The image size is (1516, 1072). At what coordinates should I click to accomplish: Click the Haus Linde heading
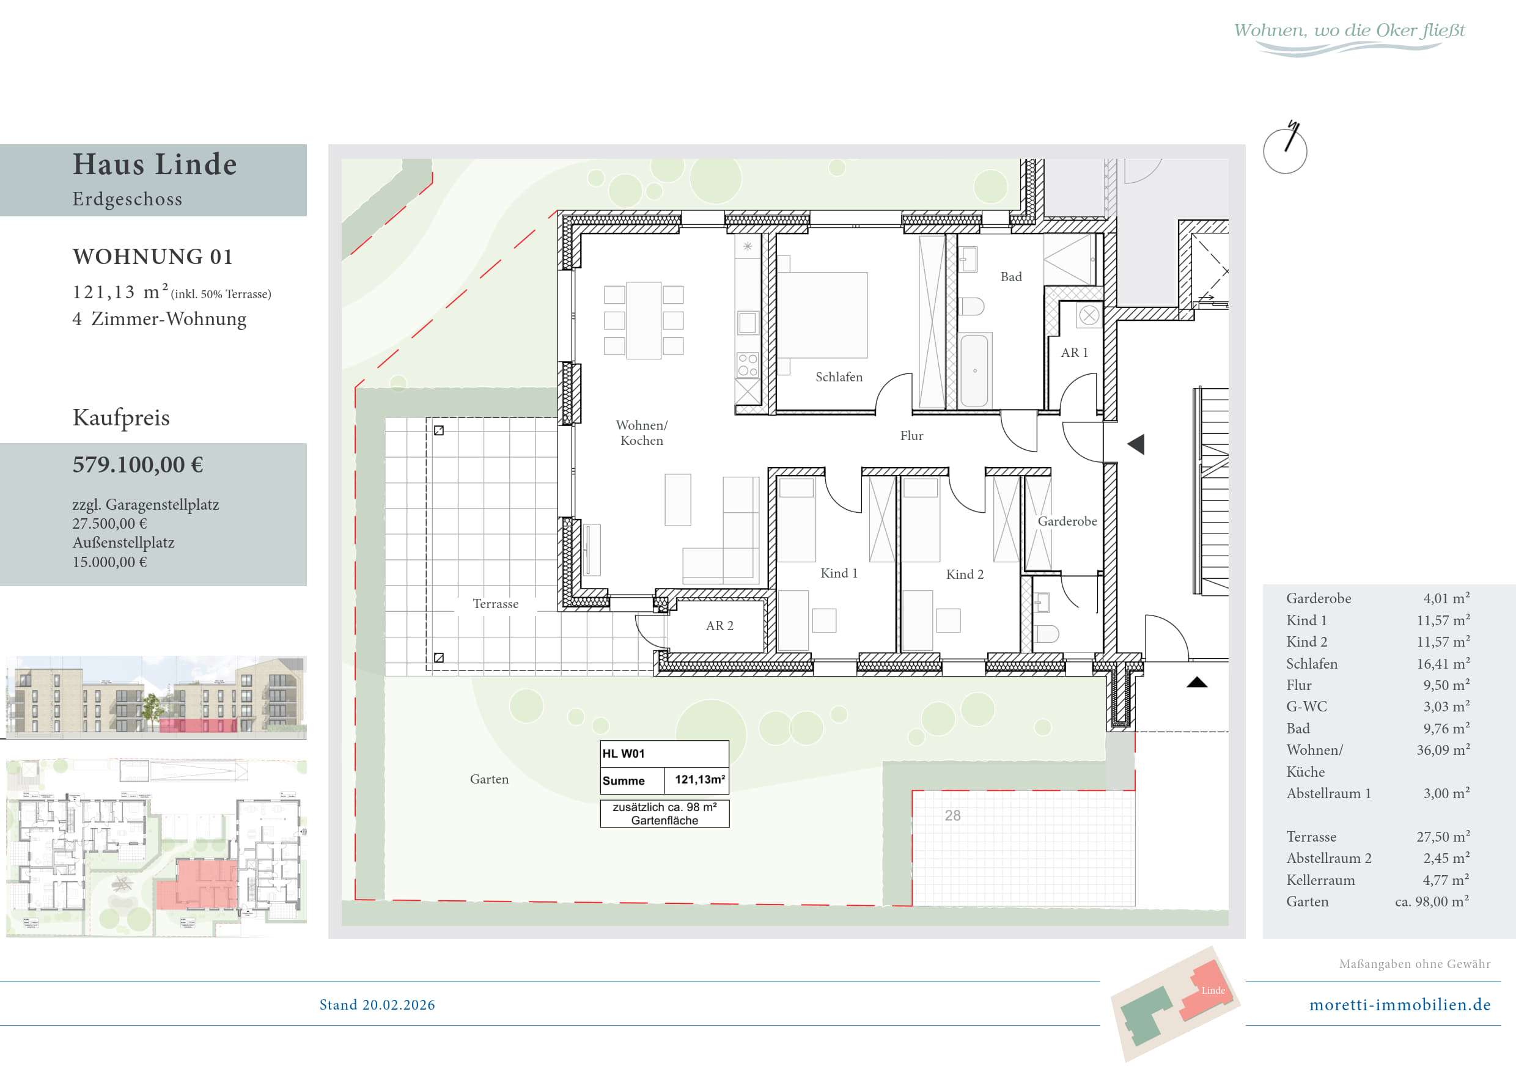click(155, 164)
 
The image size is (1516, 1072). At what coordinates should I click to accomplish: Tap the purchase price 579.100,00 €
click(138, 464)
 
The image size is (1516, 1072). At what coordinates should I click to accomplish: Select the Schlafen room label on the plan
click(839, 377)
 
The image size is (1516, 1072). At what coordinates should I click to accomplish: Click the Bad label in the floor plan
click(1011, 277)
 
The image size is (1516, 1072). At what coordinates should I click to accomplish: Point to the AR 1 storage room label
click(1074, 353)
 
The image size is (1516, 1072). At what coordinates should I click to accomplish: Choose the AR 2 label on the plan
click(719, 626)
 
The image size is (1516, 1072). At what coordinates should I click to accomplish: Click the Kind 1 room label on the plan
click(839, 573)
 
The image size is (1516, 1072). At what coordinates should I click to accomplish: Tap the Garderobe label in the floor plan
click(1067, 521)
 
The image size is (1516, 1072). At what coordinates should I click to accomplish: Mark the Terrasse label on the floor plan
click(495, 603)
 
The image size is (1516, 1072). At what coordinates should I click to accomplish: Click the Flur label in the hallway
click(911, 436)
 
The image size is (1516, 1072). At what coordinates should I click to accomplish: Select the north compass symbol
click(1285, 149)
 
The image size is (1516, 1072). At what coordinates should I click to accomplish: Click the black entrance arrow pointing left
click(1136, 444)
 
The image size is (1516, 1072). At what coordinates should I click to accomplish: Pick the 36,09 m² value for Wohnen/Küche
click(1443, 750)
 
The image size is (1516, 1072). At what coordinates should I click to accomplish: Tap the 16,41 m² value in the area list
click(1443, 663)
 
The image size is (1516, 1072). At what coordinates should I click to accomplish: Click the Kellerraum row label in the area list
click(1320, 880)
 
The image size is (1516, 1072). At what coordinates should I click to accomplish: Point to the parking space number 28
click(952, 815)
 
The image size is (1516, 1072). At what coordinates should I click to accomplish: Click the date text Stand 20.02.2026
click(377, 1005)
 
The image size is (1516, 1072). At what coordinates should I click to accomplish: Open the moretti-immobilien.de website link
click(1400, 1005)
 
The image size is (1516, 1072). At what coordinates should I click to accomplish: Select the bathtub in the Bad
click(974, 370)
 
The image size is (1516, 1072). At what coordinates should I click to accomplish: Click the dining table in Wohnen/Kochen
click(644, 320)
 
